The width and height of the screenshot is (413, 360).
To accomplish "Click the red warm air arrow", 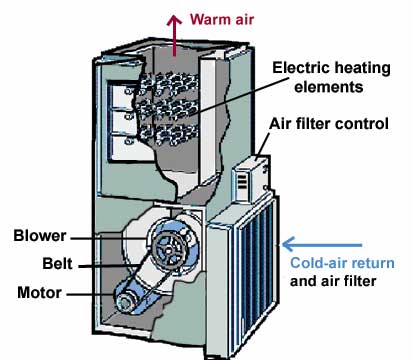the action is point(174,35).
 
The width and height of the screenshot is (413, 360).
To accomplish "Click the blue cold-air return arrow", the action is point(322,244).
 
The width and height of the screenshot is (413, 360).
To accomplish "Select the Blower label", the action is point(40,236).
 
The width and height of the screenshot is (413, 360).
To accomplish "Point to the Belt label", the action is point(57,264).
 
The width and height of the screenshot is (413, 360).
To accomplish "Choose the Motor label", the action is point(39,293).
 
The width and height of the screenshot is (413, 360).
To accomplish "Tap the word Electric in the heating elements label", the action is point(301,68).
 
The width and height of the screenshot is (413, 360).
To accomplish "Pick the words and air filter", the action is point(333,281).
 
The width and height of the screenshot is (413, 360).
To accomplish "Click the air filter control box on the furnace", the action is point(252,178).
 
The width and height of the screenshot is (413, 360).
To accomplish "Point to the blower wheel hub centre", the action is point(169,247).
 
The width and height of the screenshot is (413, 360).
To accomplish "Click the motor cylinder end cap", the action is point(124,302).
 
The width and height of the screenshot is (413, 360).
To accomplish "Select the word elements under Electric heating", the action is point(329,87).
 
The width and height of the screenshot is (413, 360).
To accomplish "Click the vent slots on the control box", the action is point(242,182).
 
